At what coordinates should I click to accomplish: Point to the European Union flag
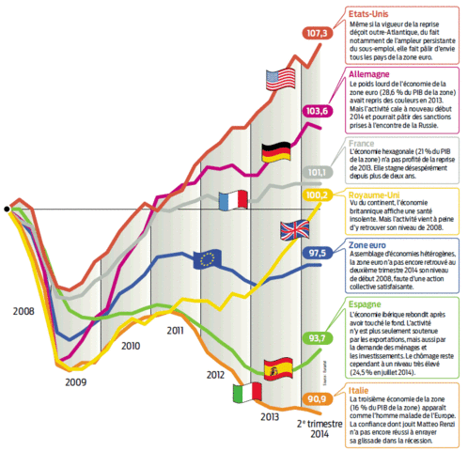(x=206, y=260)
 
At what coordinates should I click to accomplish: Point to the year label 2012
(x=218, y=375)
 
